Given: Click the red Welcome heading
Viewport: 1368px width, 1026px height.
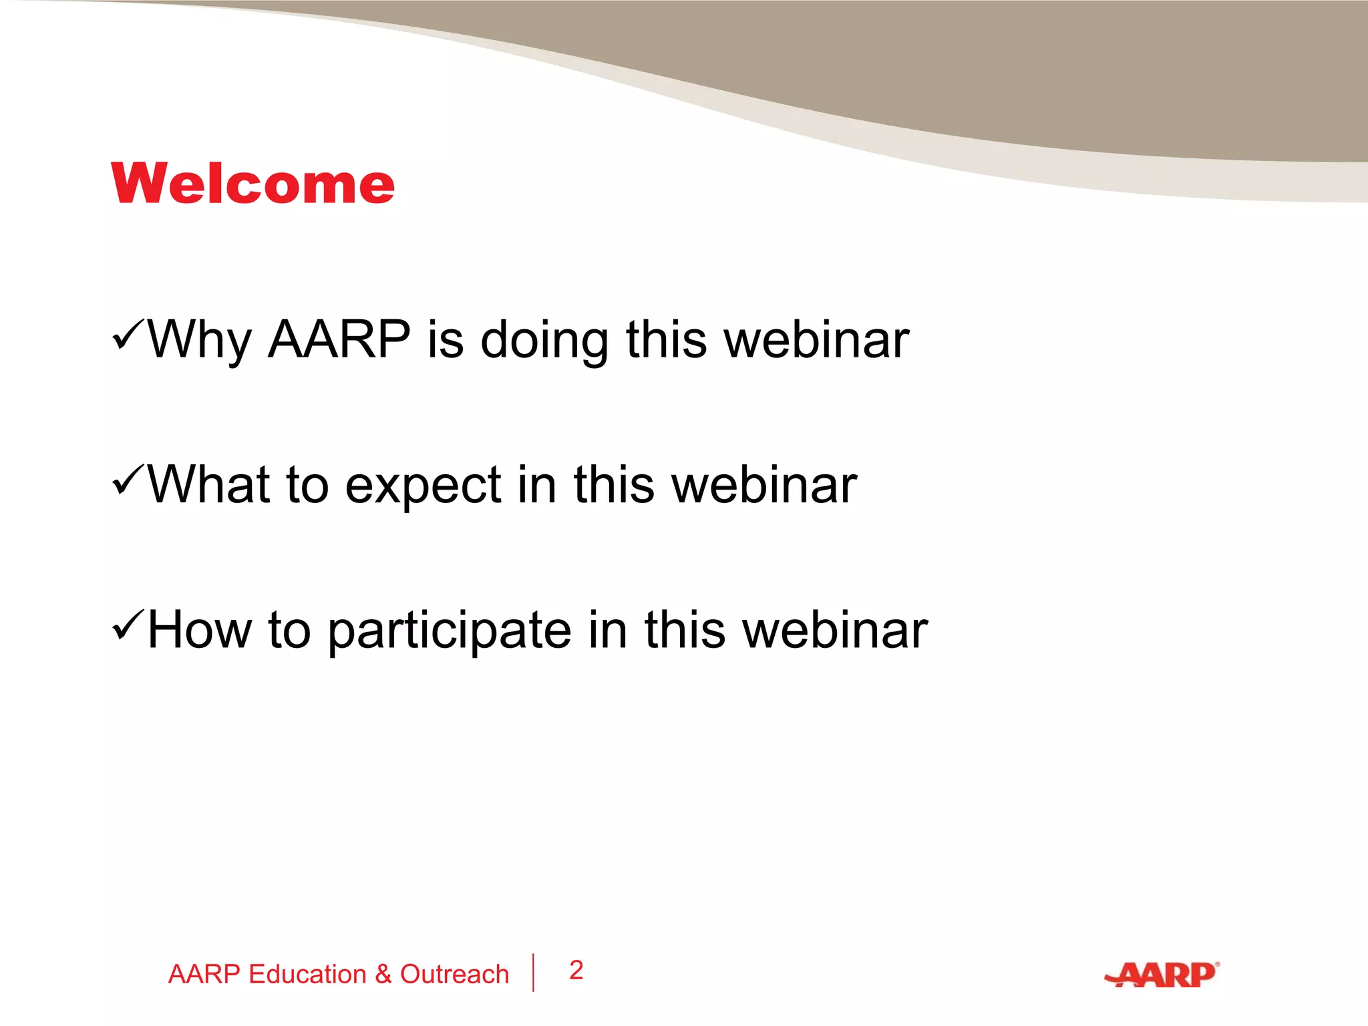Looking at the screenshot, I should coord(253,184).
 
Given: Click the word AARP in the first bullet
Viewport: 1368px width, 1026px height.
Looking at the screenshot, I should coord(339,339).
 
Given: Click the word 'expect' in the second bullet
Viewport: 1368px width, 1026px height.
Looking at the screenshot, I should coord(423,486).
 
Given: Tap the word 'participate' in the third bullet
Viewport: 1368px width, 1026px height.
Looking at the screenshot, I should coord(450,631).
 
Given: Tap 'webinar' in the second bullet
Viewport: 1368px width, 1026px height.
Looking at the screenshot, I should coord(764,484).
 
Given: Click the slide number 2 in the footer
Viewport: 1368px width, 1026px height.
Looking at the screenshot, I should coord(576,970).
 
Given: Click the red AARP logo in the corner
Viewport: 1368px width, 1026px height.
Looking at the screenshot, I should coord(1162,975).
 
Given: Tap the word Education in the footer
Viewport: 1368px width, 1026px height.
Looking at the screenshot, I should coord(307,975).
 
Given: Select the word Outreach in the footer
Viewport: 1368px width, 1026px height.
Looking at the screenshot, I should coord(454,975).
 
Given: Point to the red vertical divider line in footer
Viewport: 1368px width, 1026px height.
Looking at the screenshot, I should coord(533,973).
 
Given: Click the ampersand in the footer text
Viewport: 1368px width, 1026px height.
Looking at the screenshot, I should coord(383,975).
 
